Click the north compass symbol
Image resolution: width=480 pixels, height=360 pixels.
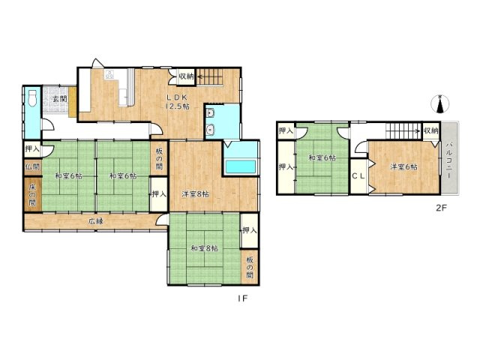coord(440,103)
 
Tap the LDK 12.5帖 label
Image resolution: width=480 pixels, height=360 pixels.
coord(177,102)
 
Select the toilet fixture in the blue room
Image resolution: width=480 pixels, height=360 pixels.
coord(31,98)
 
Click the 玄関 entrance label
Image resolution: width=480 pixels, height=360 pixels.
coord(60,99)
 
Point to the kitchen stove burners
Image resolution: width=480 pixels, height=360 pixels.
coord(109,74)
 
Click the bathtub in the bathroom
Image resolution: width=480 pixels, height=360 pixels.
coord(241,166)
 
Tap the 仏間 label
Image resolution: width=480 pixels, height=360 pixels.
coord(32,167)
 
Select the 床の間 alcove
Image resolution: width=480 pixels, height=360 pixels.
coord(33,194)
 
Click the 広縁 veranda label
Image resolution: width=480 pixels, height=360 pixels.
coord(95,221)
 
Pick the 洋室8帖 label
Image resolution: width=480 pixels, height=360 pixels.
coord(195,194)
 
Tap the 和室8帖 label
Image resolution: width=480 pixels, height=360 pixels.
coord(205,248)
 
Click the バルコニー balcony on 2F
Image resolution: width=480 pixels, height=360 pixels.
coord(450,158)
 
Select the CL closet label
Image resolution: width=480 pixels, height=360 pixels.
coord(358,176)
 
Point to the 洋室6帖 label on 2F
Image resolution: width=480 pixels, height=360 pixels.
coord(403,166)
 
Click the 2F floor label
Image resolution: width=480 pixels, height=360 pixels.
coord(442,208)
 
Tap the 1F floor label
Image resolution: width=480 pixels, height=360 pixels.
coord(242,298)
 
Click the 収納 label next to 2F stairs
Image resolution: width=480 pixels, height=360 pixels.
coord(431,130)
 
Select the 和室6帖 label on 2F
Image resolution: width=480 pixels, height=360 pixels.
coord(322,158)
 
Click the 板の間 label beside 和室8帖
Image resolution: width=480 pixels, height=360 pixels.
coord(250,267)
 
